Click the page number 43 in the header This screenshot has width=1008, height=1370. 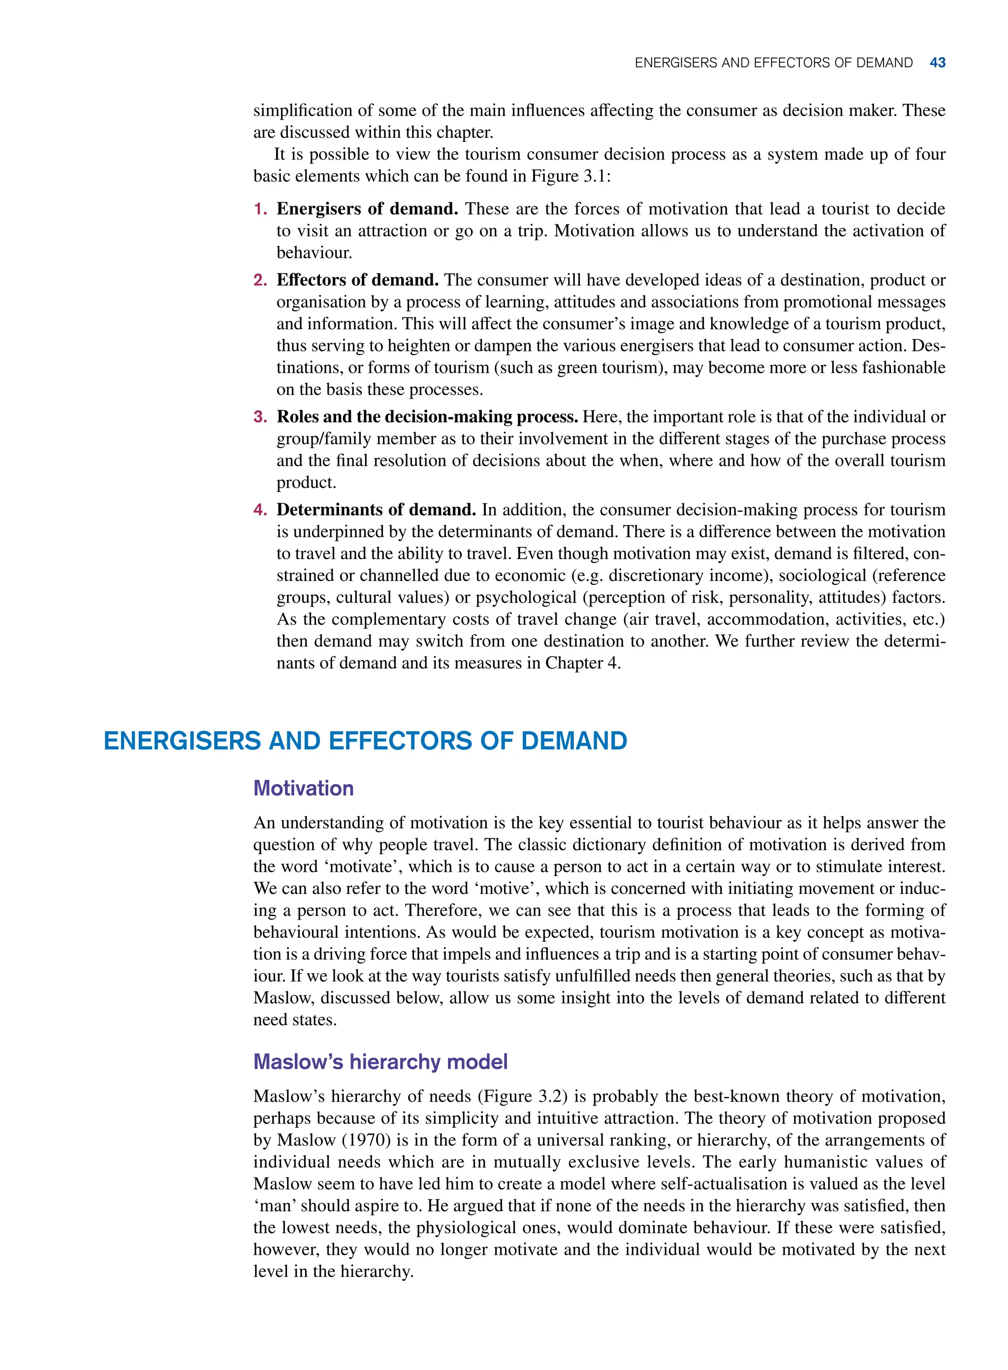(937, 63)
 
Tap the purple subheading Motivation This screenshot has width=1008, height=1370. (303, 789)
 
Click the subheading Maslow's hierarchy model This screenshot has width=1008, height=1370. (380, 1062)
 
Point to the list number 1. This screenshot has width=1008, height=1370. (260, 209)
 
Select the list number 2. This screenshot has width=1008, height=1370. (260, 280)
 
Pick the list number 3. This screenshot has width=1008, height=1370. (260, 417)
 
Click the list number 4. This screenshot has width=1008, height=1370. (260, 510)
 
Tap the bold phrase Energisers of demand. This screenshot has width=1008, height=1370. (367, 209)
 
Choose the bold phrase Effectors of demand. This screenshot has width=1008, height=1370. (357, 280)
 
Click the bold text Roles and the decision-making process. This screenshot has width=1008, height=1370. (427, 417)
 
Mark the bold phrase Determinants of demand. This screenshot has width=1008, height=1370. (376, 510)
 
